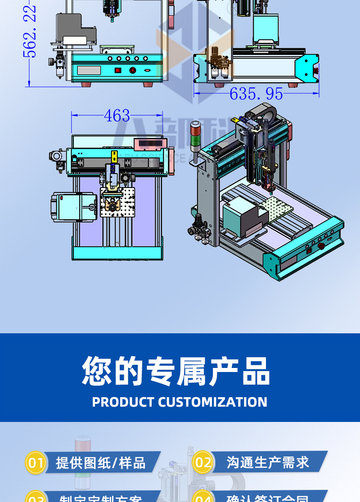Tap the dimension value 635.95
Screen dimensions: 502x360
pyautogui.click(x=256, y=94)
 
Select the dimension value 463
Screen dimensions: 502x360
pyautogui.click(x=117, y=116)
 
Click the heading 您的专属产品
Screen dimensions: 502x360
pyautogui.click(x=176, y=372)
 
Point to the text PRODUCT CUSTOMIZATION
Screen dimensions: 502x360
pyautogui.click(x=180, y=402)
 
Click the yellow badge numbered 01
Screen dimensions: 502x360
pyautogui.click(x=36, y=462)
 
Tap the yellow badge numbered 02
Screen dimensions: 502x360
pyautogui.click(x=203, y=462)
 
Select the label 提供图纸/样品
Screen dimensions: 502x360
pyautogui.click(x=101, y=462)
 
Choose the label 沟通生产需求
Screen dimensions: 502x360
pyautogui.click(x=268, y=462)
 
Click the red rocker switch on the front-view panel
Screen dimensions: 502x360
pyautogui.click(x=118, y=70)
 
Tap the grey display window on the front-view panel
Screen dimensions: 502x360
pyautogui.click(x=89, y=70)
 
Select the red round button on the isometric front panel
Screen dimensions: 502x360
pyautogui.click(x=321, y=246)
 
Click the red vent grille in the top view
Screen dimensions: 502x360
pyautogui.click(x=151, y=144)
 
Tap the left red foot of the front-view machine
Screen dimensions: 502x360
pyautogui.click(x=85, y=85)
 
